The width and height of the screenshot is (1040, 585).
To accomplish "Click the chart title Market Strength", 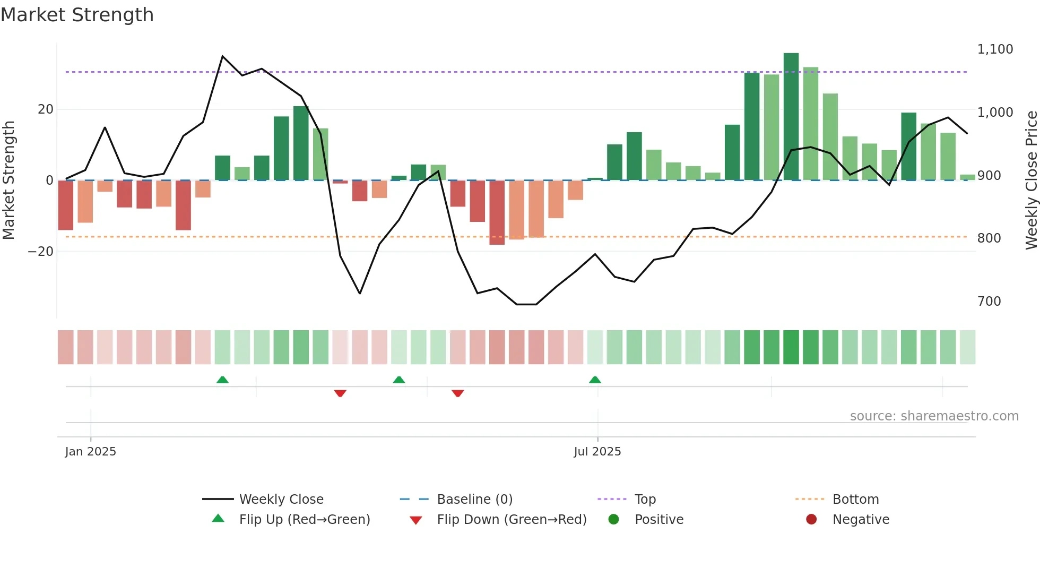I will [x=77, y=15].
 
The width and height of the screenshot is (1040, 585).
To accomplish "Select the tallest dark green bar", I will [x=791, y=117].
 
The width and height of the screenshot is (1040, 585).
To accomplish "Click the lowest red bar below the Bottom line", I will [x=497, y=213].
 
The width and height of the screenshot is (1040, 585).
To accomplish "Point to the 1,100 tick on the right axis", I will [x=995, y=49].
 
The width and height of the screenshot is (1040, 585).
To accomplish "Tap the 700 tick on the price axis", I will [x=989, y=302].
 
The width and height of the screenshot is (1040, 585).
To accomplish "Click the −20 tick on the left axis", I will [x=41, y=252].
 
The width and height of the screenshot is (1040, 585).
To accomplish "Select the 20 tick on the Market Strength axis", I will [x=46, y=109].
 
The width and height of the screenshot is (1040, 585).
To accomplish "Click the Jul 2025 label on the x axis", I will [x=597, y=452].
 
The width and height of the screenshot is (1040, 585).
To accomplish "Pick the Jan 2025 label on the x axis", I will [x=90, y=452].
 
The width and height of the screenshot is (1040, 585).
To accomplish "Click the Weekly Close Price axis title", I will [x=1031, y=180].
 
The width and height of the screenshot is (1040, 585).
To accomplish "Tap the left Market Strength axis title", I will [x=9, y=180].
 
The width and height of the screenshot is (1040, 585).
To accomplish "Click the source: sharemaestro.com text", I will [x=934, y=416].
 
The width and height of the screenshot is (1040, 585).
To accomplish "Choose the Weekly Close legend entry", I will [x=281, y=500].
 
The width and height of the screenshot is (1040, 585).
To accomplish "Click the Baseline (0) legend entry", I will [x=474, y=500].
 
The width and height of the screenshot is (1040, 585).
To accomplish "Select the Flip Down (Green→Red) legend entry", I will [x=511, y=520].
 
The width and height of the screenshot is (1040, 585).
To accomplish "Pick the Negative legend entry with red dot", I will [x=860, y=520].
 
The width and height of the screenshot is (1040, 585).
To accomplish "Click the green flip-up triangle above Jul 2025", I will [x=595, y=380].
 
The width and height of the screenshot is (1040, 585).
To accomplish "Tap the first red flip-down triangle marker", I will [x=340, y=393].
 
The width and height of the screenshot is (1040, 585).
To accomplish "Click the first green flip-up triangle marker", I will [x=222, y=380].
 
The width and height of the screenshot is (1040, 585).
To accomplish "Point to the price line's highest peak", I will [x=222, y=56].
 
